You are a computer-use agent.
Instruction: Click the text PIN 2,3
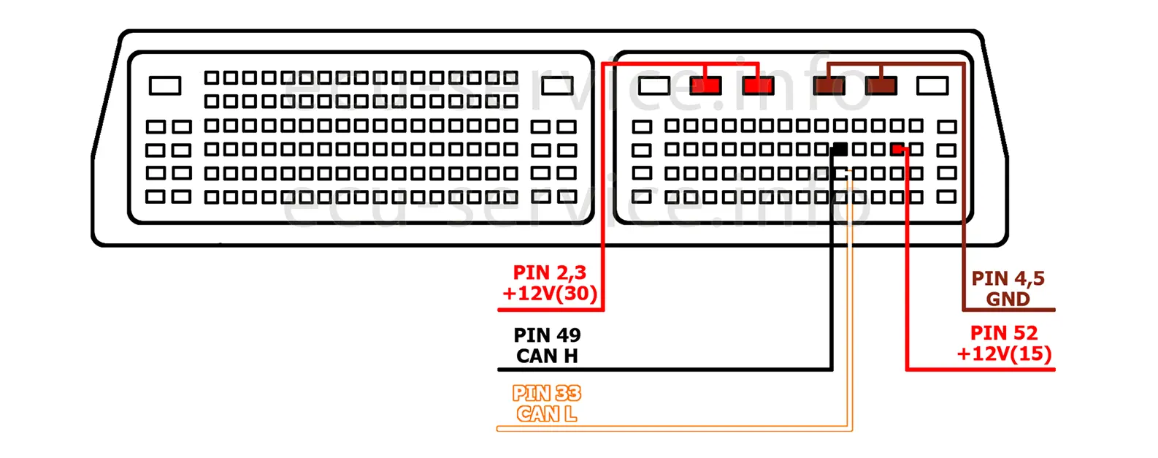549,273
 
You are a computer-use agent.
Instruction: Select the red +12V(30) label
549,294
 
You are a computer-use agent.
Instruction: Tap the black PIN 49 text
547,335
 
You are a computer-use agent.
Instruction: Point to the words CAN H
547,356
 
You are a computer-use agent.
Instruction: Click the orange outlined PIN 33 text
547,394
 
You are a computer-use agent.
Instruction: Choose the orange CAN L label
547,414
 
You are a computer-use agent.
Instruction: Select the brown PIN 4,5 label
1008,279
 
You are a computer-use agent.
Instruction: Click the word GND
1008,299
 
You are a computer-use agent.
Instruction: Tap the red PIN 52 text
1004,333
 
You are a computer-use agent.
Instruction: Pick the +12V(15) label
1004,354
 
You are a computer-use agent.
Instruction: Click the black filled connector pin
840,150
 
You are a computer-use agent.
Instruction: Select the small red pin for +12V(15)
897,150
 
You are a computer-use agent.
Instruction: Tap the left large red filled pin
705,86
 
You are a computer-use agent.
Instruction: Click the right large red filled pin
758,86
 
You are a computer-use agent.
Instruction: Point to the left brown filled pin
829,86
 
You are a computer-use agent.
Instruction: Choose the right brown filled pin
881,86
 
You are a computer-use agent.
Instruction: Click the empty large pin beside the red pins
654,86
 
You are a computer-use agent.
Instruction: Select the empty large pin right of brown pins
932,86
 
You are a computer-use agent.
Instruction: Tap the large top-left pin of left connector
165,86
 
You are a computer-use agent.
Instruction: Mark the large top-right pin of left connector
557,86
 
